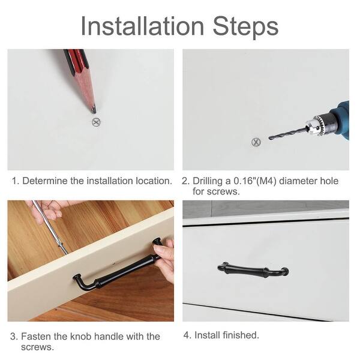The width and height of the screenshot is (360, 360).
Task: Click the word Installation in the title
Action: coord(142,26)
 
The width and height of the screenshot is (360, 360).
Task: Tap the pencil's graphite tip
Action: coord(94,110)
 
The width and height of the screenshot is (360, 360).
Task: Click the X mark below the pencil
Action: coord(96,122)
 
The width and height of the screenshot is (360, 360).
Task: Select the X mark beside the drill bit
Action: coord(256,142)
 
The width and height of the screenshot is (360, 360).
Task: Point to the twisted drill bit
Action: coord(288,133)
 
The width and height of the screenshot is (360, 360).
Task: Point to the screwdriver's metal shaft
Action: coord(49,227)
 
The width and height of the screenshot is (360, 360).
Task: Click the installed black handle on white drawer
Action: coord(253,269)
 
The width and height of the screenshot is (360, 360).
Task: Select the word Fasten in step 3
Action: coord(36,337)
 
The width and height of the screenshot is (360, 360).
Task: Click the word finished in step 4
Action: coord(241,335)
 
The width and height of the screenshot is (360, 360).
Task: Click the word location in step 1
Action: coord(154,181)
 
